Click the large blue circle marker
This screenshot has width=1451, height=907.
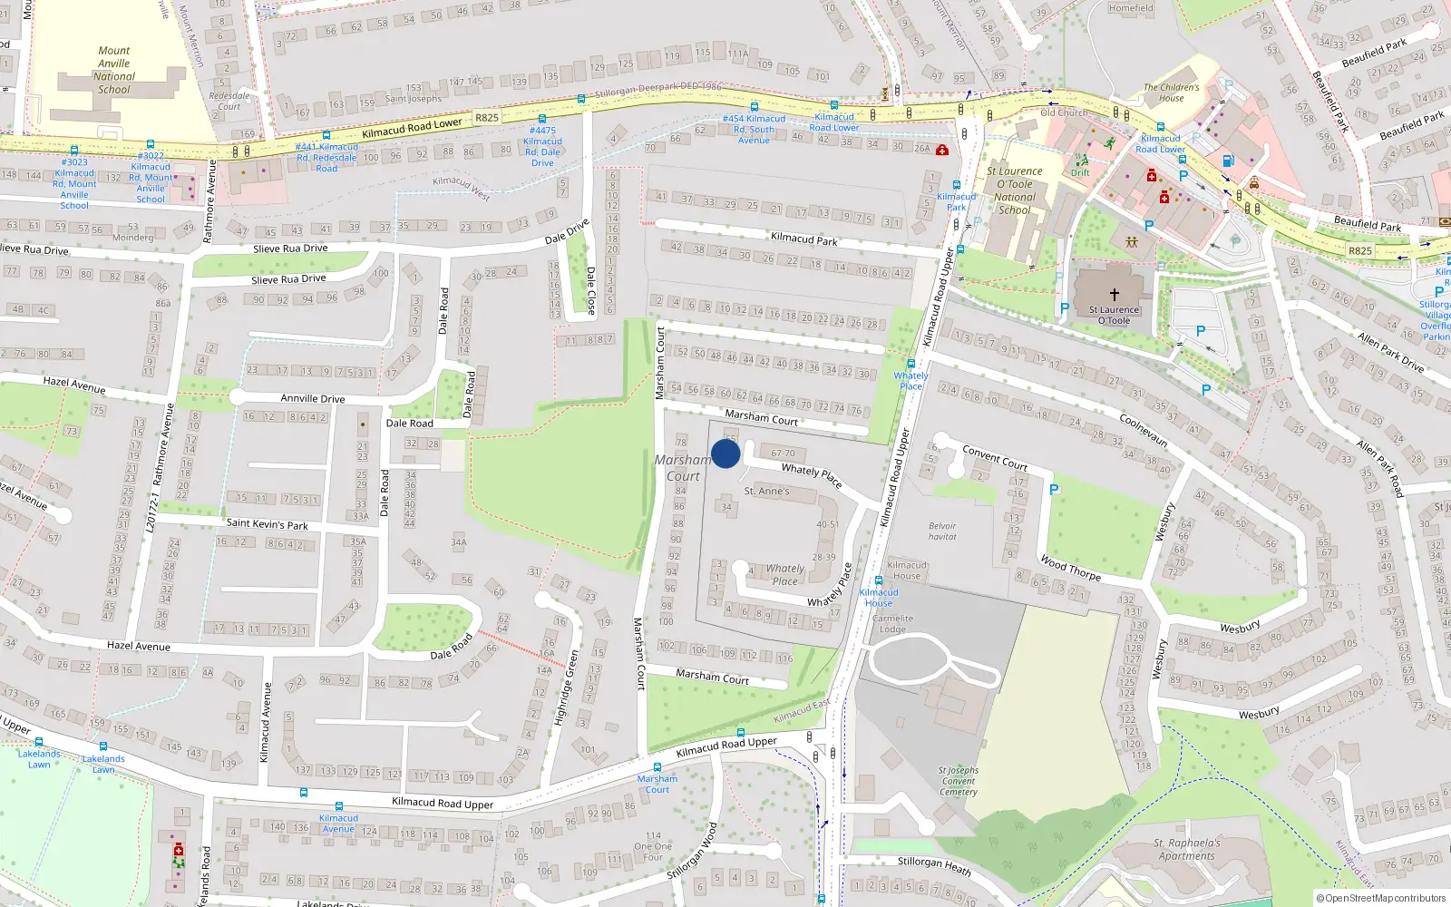(725, 453)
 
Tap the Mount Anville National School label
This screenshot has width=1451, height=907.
(114, 71)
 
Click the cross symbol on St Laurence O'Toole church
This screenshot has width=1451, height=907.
(1114, 295)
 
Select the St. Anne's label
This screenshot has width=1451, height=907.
(766, 492)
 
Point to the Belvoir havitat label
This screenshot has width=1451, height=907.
(942, 532)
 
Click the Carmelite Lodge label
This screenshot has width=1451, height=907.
(892, 624)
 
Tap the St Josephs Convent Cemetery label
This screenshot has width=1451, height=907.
(959, 781)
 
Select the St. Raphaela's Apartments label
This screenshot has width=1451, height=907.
(1187, 849)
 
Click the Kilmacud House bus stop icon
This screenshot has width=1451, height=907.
(878, 580)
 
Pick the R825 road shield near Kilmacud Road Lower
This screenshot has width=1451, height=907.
(487, 118)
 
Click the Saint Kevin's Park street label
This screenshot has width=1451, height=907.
(267, 523)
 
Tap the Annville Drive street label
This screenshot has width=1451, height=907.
(312, 398)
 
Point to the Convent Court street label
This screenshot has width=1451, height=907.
(995, 458)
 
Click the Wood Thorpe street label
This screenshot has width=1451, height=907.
(1070, 568)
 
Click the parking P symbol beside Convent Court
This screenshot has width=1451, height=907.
(1053, 490)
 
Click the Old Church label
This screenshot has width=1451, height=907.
(1064, 113)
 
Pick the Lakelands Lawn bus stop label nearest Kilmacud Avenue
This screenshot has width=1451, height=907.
(103, 764)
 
